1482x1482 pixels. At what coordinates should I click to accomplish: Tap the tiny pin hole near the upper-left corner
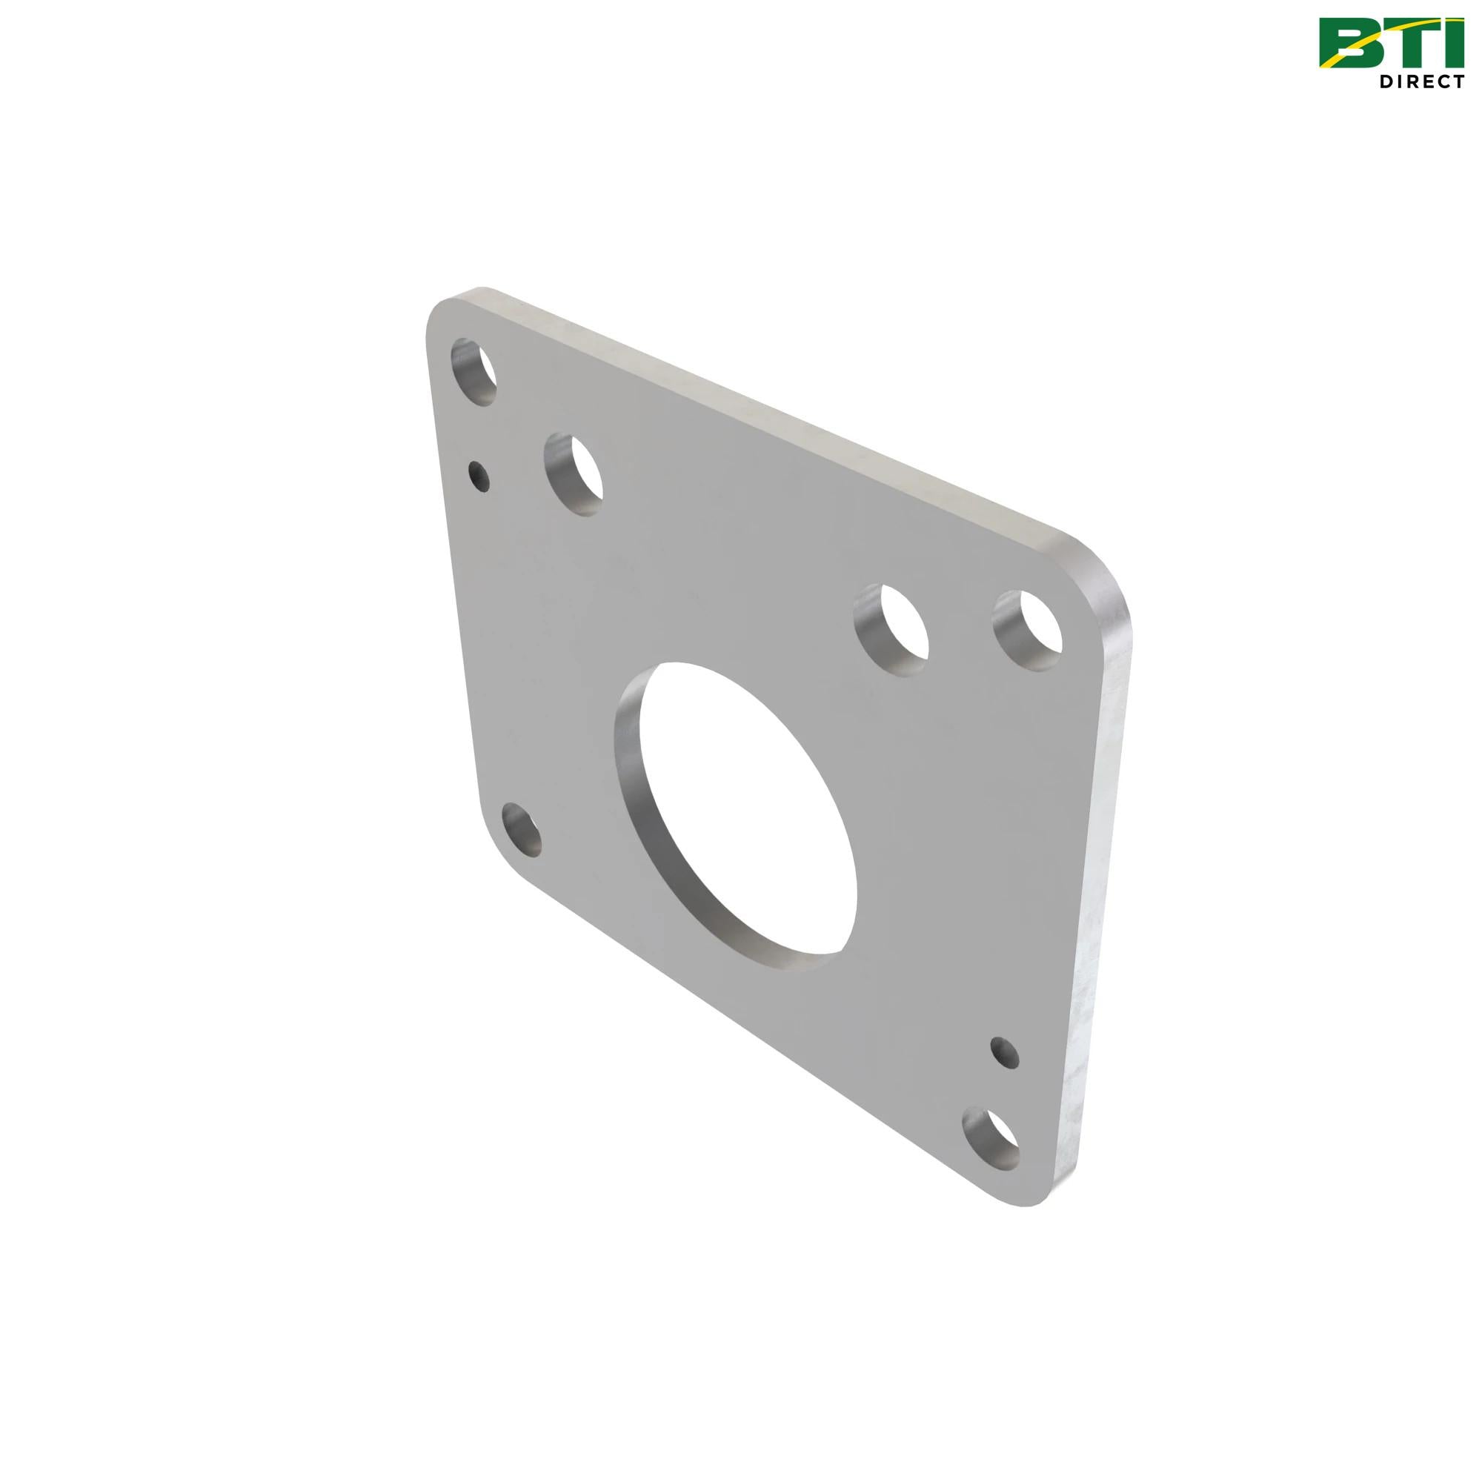click(479, 476)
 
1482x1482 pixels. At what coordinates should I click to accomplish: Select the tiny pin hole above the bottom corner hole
click(1005, 1052)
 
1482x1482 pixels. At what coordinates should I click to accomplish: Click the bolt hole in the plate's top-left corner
click(473, 371)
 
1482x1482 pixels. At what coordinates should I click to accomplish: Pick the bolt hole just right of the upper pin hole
click(574, 473)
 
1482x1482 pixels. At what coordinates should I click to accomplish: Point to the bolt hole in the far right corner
click(1028, 631)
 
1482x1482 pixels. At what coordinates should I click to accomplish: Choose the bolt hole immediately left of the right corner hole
click(891, 630)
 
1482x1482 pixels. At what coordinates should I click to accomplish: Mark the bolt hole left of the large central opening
click(522, 831)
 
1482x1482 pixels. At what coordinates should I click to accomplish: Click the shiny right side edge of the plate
click(1105, 882)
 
